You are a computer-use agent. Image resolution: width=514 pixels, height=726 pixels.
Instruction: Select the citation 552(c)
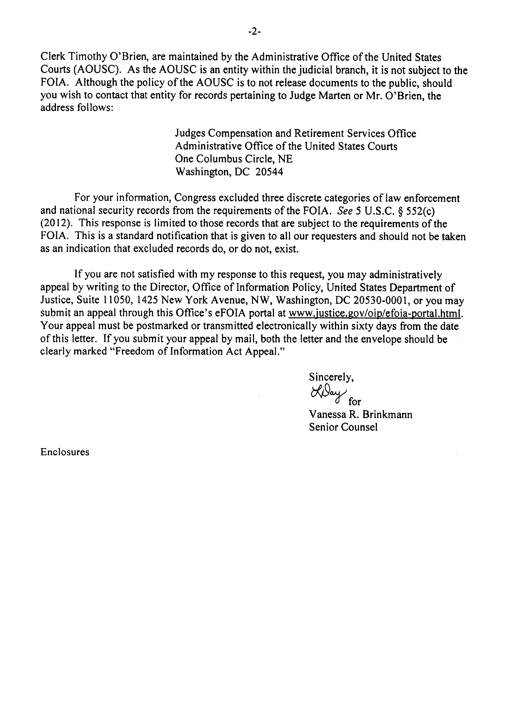424,211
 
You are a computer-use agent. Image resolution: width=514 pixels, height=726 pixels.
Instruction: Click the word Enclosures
65,452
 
